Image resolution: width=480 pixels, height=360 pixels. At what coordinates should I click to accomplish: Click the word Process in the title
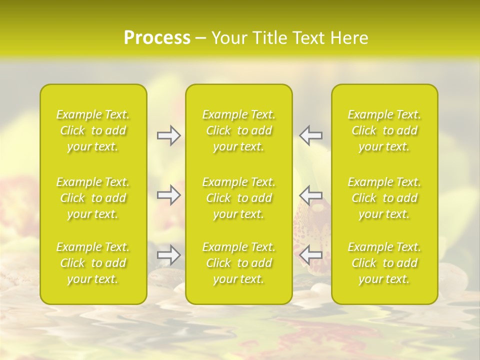pos(157,37)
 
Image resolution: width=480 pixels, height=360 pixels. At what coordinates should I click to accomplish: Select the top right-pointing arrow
pos(168,135)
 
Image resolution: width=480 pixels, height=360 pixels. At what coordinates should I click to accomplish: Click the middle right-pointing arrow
pos(168,195)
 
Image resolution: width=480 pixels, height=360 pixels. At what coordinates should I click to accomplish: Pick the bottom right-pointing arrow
pos(168,255)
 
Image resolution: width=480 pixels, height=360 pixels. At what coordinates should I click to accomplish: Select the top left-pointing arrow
pos(311,135)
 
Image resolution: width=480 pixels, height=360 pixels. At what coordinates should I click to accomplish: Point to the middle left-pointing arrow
pos(311,195)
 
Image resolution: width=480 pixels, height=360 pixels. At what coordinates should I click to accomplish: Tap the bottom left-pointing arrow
pos(311,255)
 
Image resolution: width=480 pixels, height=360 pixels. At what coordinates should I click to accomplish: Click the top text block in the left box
pos(93,130)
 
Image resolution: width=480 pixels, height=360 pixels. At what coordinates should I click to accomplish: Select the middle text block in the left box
pos(93,198)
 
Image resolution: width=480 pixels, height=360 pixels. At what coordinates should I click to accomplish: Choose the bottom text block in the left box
pos(93,263)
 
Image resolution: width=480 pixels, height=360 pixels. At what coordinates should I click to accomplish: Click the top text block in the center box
pos(239,130)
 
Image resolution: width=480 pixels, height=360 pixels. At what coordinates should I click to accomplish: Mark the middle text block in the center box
pos(239,198)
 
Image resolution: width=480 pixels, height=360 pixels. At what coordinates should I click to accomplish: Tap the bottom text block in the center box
pos(239,263)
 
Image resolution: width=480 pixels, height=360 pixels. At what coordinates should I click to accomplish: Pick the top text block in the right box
pos(384,130)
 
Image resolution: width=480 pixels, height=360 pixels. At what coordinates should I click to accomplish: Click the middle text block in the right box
pos(384,198)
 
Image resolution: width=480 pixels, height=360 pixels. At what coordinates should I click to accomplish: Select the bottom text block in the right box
pos(384,263)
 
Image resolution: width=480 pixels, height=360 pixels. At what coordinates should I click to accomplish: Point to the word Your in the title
pos(228,38)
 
